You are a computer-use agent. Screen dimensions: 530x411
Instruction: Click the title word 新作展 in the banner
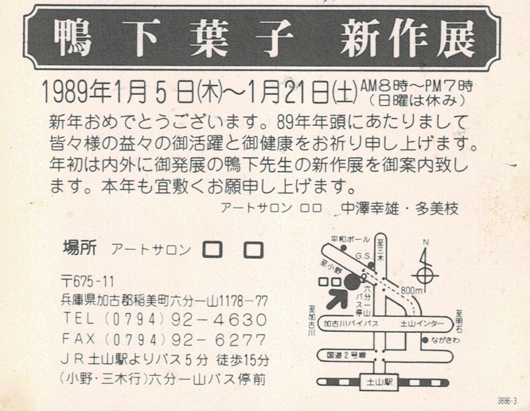408,38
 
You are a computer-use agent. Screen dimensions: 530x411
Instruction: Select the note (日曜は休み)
417,101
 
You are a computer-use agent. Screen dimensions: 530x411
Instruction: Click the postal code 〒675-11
87,281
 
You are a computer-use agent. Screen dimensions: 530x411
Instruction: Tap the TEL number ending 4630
165,319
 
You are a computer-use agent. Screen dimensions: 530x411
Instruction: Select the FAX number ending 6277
165,340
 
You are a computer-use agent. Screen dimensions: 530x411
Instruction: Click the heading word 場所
80,248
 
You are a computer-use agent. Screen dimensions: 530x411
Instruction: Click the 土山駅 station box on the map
379,382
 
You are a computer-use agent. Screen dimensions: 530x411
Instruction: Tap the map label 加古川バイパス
350,324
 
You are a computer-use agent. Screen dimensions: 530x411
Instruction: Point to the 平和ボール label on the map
350,240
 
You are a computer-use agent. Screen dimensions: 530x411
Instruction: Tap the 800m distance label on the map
411,290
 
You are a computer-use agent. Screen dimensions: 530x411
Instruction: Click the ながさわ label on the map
446,340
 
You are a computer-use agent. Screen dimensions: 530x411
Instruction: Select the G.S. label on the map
363,257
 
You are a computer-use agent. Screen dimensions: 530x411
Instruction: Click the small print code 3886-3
507,401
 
